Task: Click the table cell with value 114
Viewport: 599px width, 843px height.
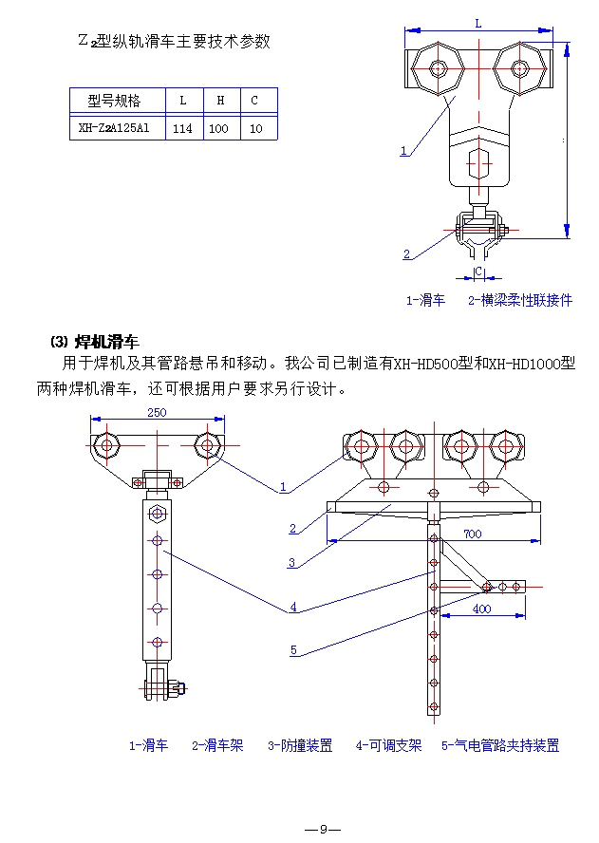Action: coord(183,128)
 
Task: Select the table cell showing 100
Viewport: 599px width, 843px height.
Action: coord(218,128)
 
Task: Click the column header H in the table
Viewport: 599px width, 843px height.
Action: coord(219,100)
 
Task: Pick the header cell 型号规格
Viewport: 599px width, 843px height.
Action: coord(114,100)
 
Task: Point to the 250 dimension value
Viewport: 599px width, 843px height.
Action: coord(159,412)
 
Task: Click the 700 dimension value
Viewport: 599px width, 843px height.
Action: coord(472,534)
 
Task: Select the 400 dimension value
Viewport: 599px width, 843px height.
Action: coord(481,609)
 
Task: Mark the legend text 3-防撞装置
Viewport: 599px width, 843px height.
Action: coord(300,746)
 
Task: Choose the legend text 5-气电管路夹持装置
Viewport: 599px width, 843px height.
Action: coord(500,746)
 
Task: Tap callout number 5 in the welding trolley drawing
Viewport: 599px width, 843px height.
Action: coord(293,650)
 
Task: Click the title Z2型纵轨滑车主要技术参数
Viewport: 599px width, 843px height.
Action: coord(174,42)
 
